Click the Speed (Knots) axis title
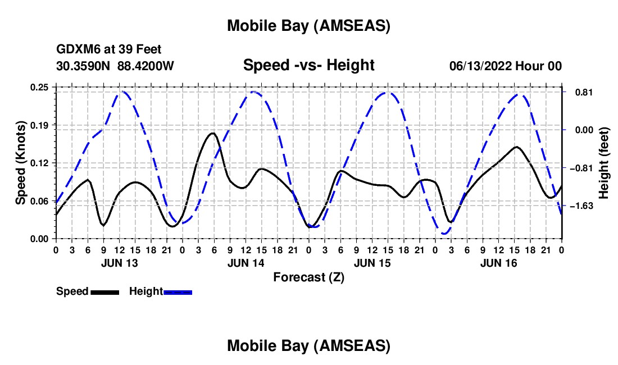21,163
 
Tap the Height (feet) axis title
604,163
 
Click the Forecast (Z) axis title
308,277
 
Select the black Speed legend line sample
104,291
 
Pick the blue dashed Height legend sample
178,291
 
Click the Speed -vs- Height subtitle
308,65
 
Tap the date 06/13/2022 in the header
480,66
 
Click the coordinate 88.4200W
146,66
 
